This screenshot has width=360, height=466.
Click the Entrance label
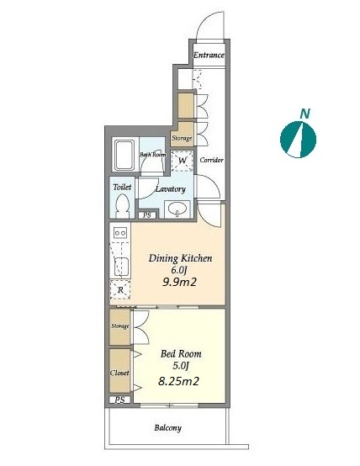click(209, 56)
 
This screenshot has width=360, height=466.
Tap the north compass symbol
click(298, 140)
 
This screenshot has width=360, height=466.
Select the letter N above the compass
click(304, 114)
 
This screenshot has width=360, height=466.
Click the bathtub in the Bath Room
click(124, 155)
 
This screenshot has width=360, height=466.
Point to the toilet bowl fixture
click(122, 205)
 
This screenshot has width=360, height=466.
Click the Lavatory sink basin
click(177, 209)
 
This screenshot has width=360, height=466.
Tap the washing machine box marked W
click(183, 161)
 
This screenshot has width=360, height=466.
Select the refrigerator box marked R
click(120, 289)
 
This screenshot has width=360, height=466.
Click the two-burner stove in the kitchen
click(120, 233)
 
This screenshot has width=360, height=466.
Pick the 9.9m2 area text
click(179, 282)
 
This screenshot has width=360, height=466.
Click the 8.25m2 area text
click(178, 381)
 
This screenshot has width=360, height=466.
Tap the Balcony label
click(168, 428)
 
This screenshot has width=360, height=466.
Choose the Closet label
click(119, 373)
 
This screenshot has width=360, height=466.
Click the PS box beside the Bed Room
click(119, 400)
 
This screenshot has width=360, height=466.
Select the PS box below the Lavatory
click(147, 215)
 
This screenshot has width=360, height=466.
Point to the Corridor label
click(211, 160)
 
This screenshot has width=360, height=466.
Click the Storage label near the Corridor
click(182, 138)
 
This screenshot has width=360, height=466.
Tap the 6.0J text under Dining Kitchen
click(180, 270)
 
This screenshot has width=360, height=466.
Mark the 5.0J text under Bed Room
click(181, 366)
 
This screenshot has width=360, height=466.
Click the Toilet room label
click(122, 188)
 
